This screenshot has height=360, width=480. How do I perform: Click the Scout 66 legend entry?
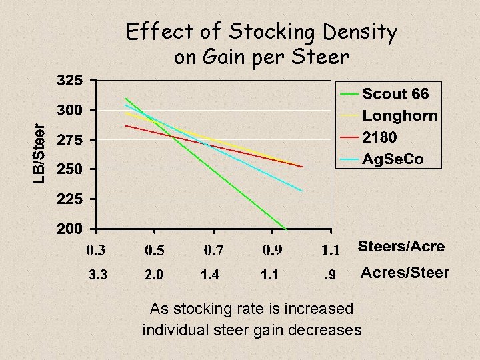pos(395,93)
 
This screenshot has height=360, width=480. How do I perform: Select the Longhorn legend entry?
pos(400,115)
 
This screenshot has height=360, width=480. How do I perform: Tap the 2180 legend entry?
pos(380,137)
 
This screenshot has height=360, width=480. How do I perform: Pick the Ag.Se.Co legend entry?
pos(393,159)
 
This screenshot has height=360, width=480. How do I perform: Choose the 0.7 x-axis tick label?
pos(214,251)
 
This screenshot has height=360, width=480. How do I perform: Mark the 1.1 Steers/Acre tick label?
pos(331,251)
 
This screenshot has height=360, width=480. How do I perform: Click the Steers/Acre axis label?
pos(401,247)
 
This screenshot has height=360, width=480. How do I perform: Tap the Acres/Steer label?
pos(405,273)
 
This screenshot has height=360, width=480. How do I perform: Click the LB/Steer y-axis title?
pos(39,153)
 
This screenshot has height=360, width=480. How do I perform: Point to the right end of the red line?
pos(302,167)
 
